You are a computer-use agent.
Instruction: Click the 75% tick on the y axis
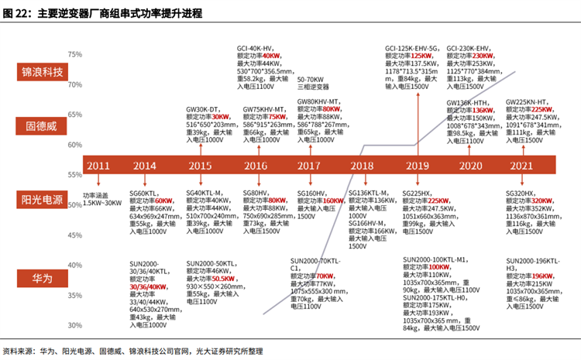tap(75, 55)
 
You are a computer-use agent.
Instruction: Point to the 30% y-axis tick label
tap(75, 325)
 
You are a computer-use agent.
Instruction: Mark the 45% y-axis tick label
tap(75, 235)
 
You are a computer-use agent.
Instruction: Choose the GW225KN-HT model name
tap(526, 102)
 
